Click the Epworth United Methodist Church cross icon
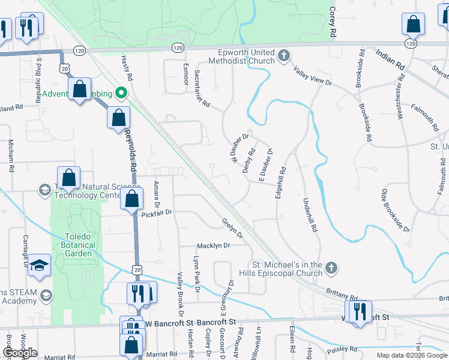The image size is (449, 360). point(285,57)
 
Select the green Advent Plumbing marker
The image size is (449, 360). point(121,93)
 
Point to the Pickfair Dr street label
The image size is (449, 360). point(157,212)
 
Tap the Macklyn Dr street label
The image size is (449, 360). point(214,246)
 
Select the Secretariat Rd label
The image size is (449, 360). point(202,89)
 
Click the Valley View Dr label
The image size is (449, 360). point(313,77)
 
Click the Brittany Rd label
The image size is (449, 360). point(342,291)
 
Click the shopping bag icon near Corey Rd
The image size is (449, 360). point(414,25)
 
